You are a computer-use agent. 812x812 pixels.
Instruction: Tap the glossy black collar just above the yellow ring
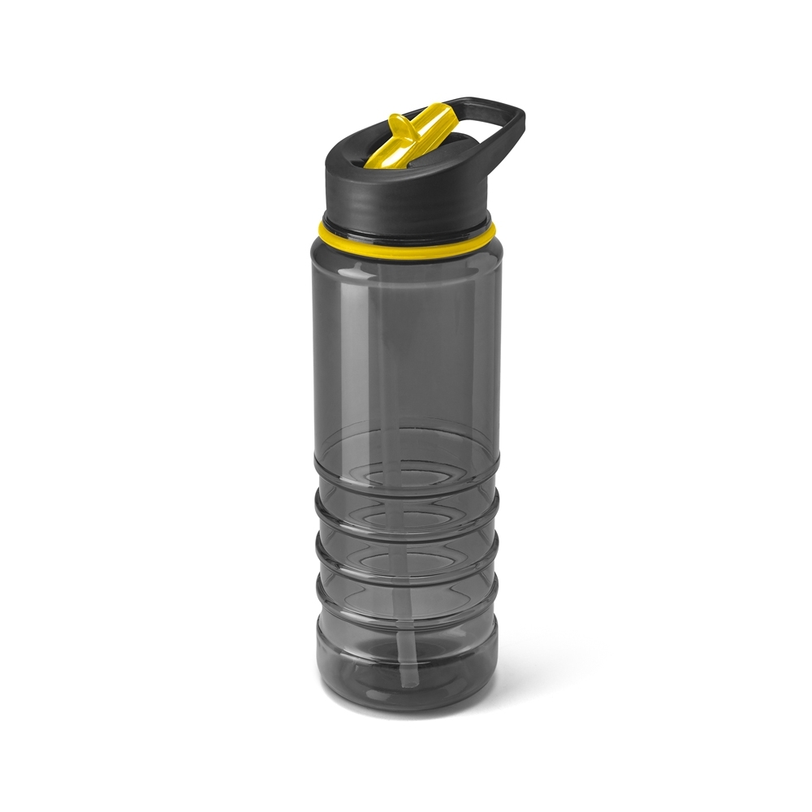[x=406, y=226]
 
